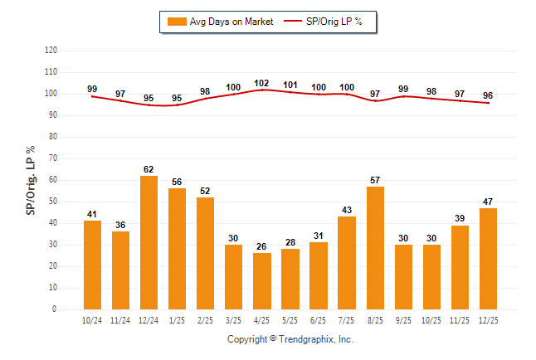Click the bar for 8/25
coord(374,248)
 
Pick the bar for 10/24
coord(92,265)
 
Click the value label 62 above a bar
coord(149,169)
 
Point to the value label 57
coord(374,180)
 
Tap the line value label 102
coord(261,83)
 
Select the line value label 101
coord(290,85)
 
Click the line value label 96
coord(488,95)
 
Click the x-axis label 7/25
coord(346,319)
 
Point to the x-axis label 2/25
coord(205,319)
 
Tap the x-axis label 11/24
coord(120,319)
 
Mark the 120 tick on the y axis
coord(51,51)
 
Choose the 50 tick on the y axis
coord(53,202)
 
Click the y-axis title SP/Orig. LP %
coord(31,179)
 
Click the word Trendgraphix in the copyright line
coord(306,339)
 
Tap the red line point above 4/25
coord(261,89)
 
